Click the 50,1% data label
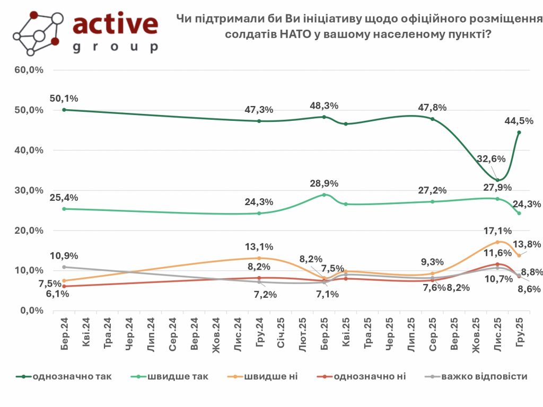[x=64, y=98]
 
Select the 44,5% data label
[x=516, y=120]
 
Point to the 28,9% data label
[x=324, y=183]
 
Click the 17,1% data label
[x=497, y=231]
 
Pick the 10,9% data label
[x=65, y=256]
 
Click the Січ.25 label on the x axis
[x=281, y=333]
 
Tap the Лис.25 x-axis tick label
[x=497, y=332]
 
